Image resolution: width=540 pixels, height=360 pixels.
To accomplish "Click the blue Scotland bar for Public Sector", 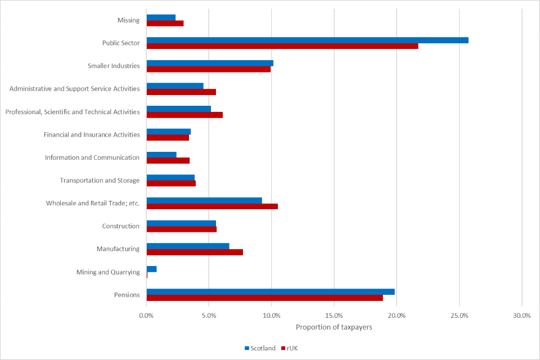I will (307, 40).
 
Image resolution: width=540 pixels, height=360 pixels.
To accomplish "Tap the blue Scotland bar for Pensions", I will (271, 291).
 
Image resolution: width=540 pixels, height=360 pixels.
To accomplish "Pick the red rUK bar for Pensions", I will (264, 298).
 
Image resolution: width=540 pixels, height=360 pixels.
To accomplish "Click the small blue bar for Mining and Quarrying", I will (151, 269).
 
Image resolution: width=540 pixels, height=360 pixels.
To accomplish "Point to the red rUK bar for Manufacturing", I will (195, 252).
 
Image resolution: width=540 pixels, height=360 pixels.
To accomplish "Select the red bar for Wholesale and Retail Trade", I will (212, 206).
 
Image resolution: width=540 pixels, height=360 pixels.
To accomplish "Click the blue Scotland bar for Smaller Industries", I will (210, 63).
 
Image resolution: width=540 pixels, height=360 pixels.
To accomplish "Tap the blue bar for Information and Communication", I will (161, 155).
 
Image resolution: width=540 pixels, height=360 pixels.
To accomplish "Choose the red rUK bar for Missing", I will (165, 23).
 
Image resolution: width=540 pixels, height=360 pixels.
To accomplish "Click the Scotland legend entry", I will (259, 348).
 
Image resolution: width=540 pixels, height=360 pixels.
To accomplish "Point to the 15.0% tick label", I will (334, 316).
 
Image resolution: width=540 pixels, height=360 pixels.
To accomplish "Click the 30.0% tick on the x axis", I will (521, 316).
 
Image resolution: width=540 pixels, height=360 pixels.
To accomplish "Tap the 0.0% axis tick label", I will (146, 316).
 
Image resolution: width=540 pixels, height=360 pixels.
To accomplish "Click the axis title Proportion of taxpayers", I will (334, 327).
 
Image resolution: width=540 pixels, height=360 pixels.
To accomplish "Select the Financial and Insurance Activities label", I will (92, 134).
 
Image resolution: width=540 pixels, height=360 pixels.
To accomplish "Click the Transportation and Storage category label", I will (100, 181).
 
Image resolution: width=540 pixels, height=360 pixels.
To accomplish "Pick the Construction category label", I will (120, 226).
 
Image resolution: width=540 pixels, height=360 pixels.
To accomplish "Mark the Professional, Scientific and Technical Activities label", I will (73, 112).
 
